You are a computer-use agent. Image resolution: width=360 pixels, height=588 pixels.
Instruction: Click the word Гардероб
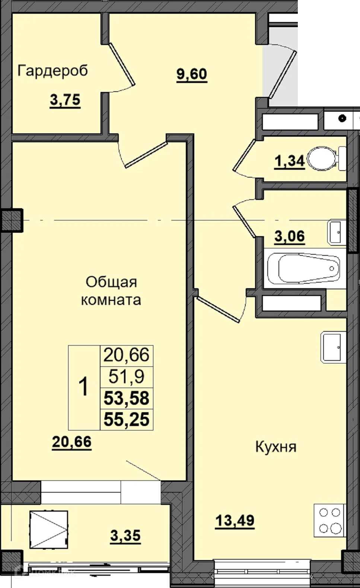(52, 70)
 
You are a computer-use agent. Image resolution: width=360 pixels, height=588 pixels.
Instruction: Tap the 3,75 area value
(65, 100)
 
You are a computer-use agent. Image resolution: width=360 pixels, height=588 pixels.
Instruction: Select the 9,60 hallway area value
(192, 74)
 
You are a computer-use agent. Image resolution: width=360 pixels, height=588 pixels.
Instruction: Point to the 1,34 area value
(289, 162)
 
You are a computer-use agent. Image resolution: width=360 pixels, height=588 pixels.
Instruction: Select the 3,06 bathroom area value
(290, 236)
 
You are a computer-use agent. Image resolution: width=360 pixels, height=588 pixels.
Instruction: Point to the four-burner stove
(330, 520)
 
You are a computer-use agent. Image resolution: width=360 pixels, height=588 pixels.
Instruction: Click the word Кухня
(275, 446)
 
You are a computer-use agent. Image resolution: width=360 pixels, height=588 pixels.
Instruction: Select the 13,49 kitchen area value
(235, 520)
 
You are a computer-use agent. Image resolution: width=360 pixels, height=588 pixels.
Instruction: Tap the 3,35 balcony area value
(125, 536)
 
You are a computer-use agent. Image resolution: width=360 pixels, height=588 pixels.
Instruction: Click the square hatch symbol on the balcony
(49, 529)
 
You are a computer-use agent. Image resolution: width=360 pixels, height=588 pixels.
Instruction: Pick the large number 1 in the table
(84, 387)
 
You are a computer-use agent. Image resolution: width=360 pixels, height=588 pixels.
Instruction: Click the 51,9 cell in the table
(127, 377)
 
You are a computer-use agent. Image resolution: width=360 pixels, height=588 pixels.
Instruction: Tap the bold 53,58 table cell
(127, 398)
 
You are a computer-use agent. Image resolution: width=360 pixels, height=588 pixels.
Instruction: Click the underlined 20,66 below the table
(72, 442)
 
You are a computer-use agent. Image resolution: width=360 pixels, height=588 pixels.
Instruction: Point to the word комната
(111, 300)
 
